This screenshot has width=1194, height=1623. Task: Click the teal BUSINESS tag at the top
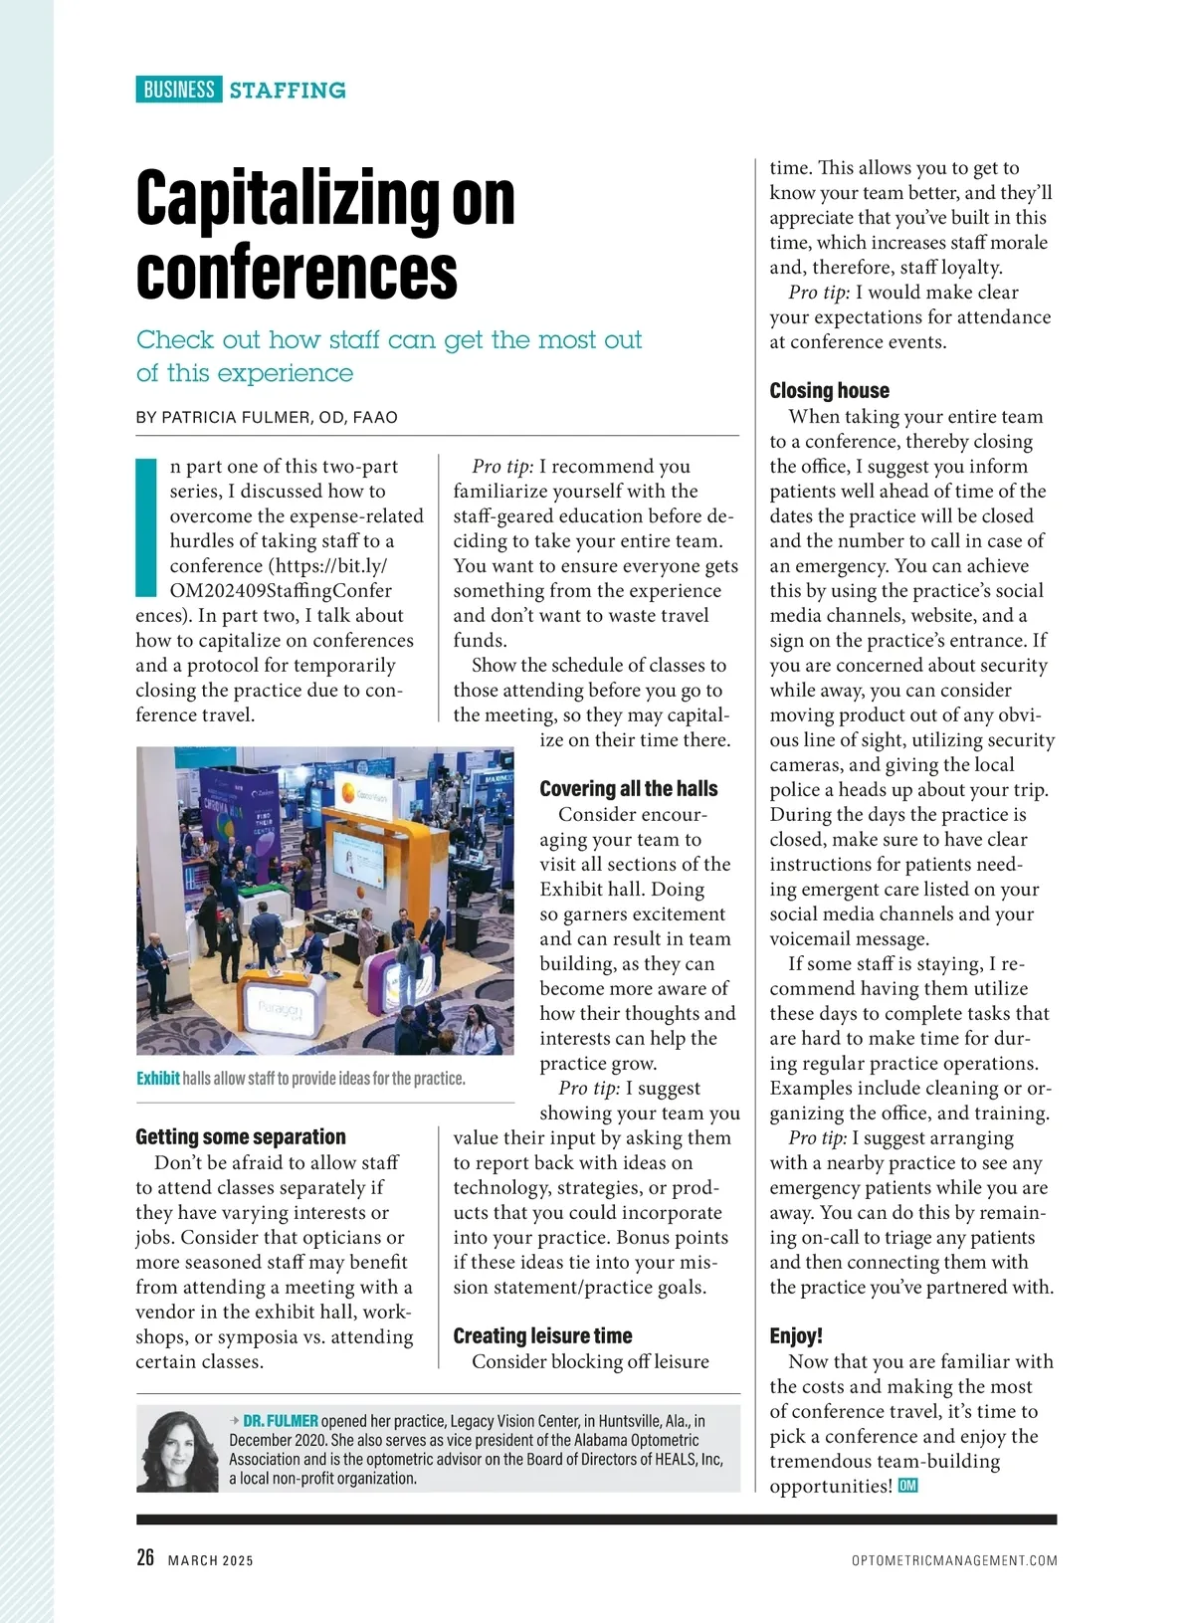click(179, 90)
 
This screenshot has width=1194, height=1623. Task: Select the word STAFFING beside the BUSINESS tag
click(288, 91)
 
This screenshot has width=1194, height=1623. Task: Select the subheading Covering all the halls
click(628, 789)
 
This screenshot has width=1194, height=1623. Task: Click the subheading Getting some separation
click(241, 1136)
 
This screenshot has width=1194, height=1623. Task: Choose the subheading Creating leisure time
click(542, 1335)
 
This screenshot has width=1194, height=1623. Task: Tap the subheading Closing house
click(829, 390)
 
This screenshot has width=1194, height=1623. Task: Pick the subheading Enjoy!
click(796, 1335)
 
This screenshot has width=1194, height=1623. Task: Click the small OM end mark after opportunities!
click(907, 1486)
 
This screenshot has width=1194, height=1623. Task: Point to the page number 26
click(145, 1557)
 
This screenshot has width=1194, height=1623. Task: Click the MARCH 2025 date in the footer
click(211, 1560)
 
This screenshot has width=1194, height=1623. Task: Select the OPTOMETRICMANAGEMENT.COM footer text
click(954, 1560)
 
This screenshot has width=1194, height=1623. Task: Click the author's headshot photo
click(177, 1450)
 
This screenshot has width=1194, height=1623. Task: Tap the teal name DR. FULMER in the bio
click(281, 1421)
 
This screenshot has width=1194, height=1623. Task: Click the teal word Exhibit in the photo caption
click(158, 1079)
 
